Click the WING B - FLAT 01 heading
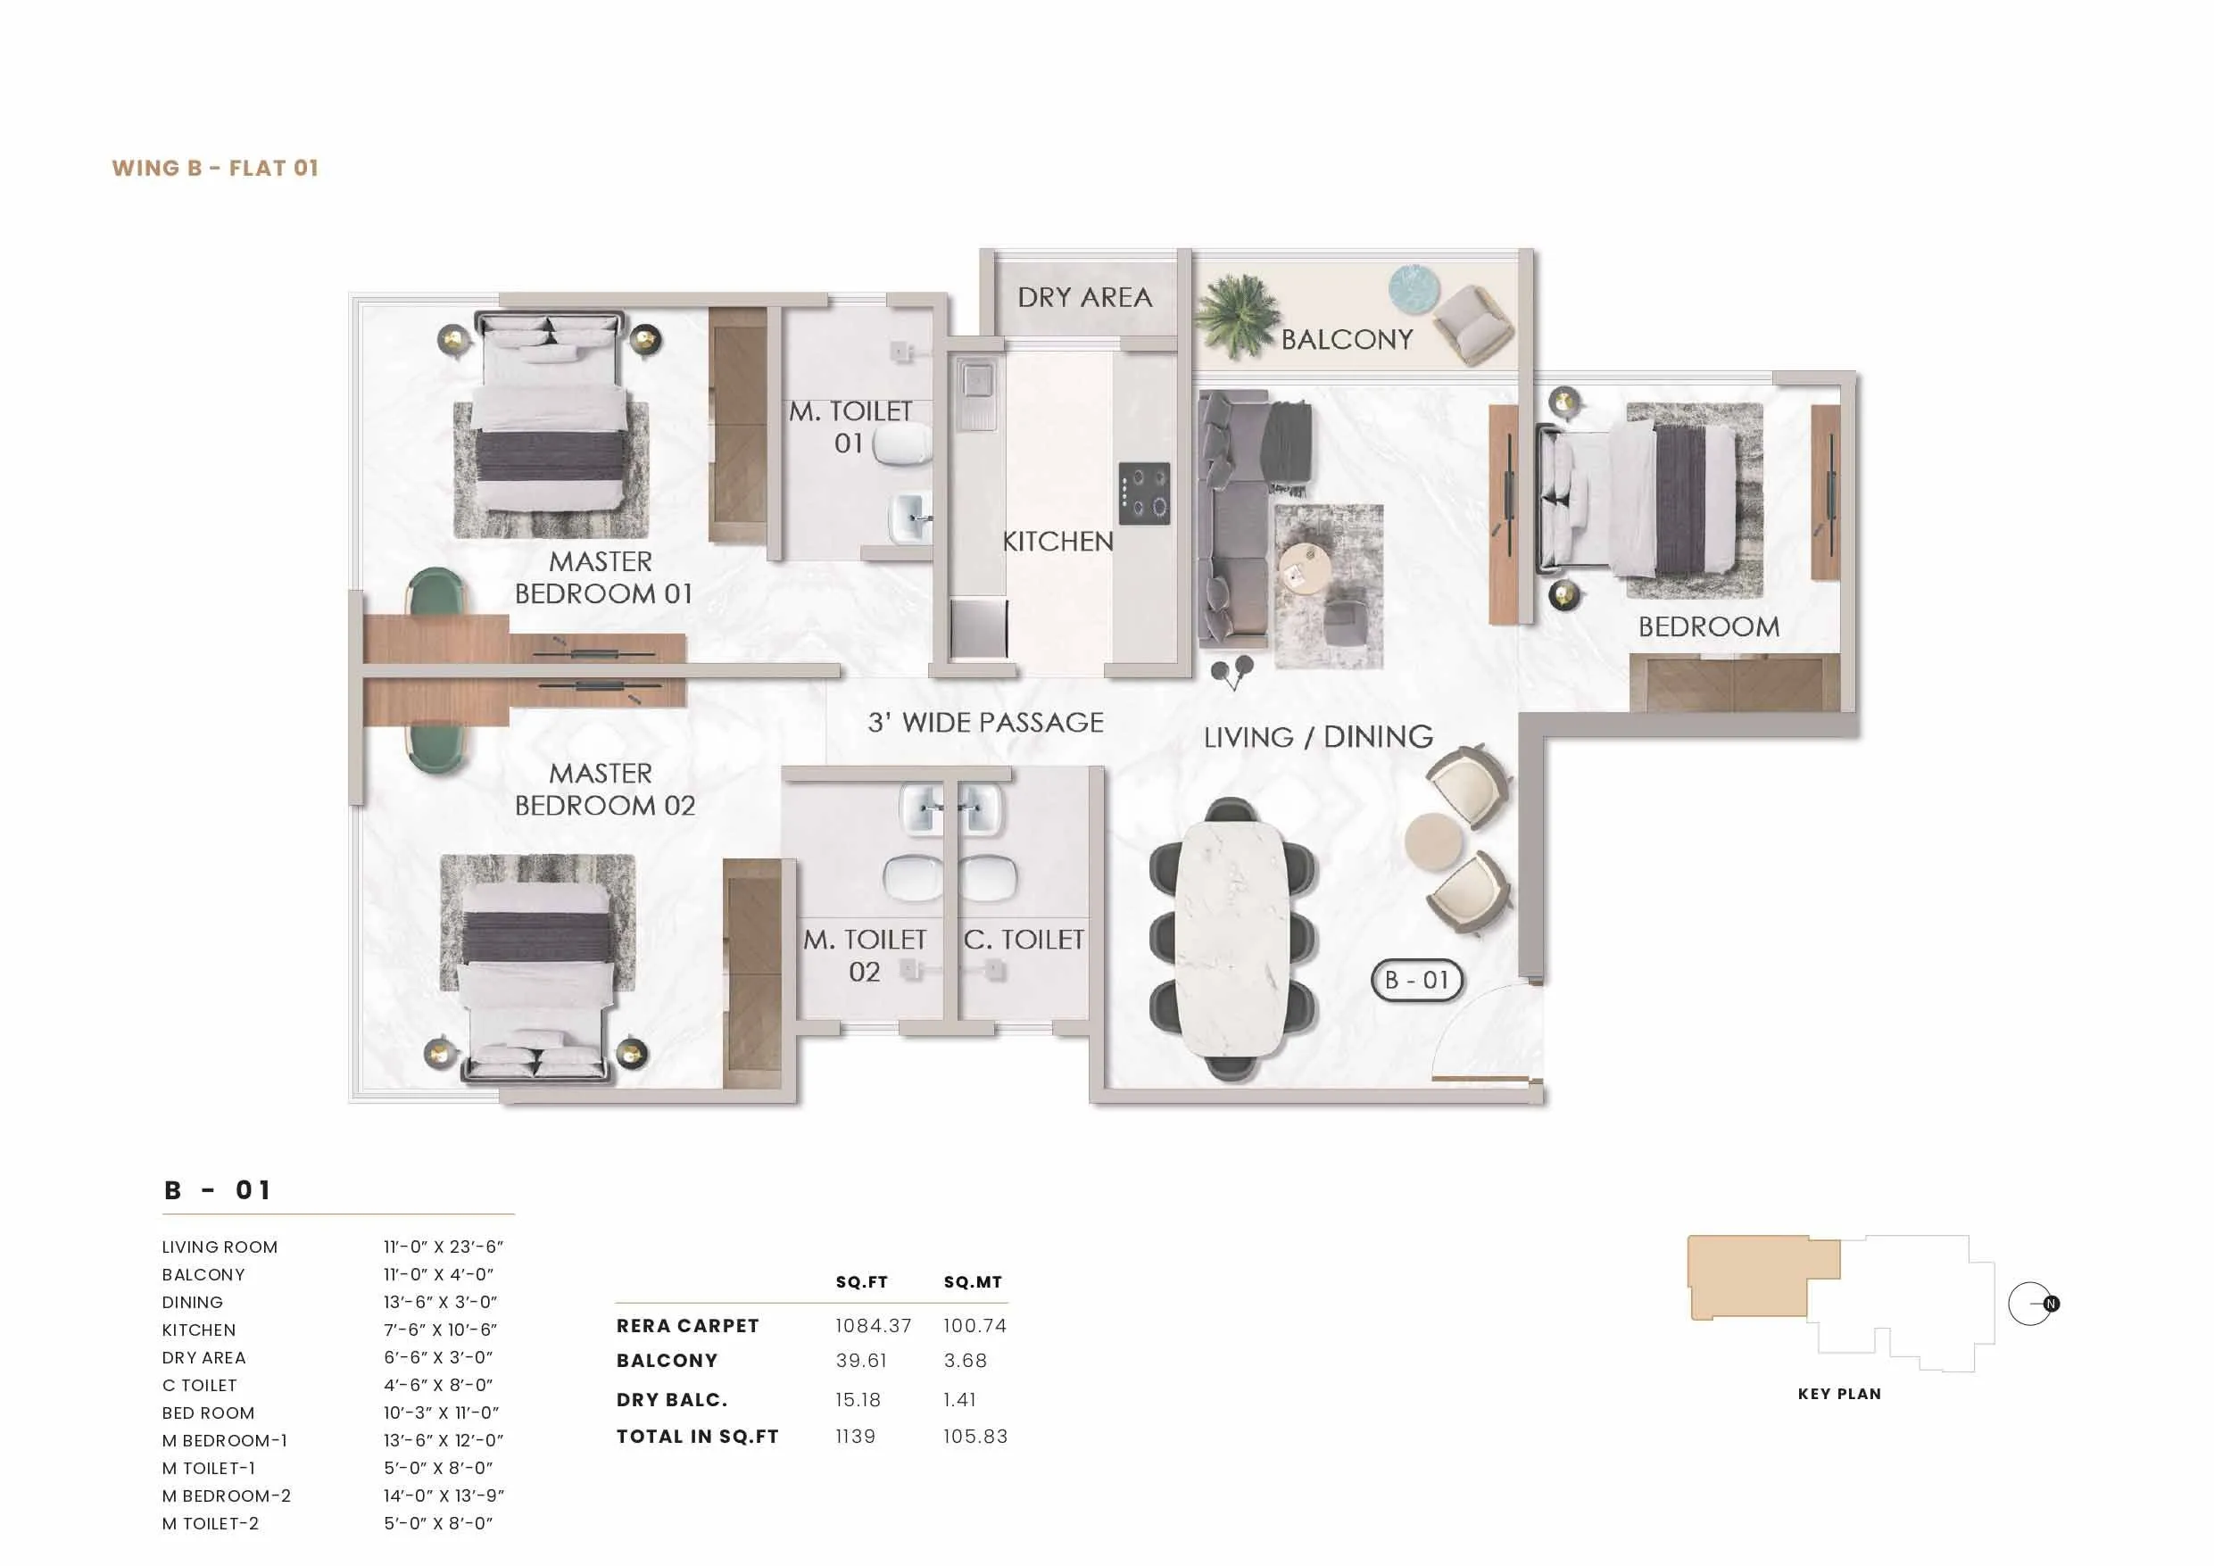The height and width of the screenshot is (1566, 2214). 215,168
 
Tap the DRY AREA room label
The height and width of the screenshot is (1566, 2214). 1085,298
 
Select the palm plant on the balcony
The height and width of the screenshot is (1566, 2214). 1236,314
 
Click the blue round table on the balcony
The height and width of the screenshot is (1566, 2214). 1414,287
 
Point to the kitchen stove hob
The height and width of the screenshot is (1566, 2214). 1145,493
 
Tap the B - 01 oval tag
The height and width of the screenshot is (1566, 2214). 1416,981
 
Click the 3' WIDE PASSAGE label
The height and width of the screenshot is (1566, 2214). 985,722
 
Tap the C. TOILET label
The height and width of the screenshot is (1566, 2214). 1024,940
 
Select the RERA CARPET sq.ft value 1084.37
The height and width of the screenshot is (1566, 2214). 873,1326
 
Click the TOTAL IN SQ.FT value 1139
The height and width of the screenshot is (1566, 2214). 855,1437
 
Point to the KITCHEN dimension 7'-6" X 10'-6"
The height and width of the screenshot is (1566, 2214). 441,1330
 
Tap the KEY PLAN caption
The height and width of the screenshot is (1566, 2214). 1839,1395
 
